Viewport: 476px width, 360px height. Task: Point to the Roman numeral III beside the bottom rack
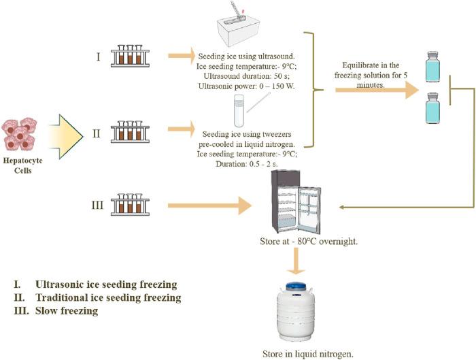tap(98, 204)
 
